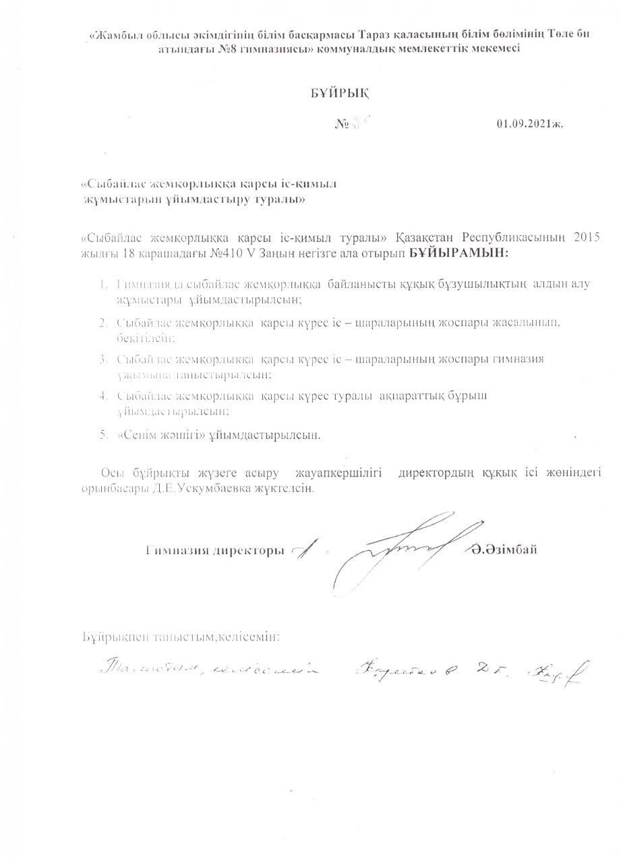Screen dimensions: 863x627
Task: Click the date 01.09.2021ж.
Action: pyautogui.click(x=529, y=124)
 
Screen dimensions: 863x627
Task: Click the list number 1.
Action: pyautogui.click(x=104, y=284)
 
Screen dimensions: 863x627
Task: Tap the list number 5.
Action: pyautogui.click(x=104, y=435)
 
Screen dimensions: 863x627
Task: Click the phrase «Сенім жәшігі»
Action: pyautogui.click(x=161, y=435)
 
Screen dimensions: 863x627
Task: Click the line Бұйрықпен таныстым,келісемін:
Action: pyautogui.click(x=181, y=636)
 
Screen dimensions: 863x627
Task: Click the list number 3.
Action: pyautogui.click(x=104, y=359)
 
